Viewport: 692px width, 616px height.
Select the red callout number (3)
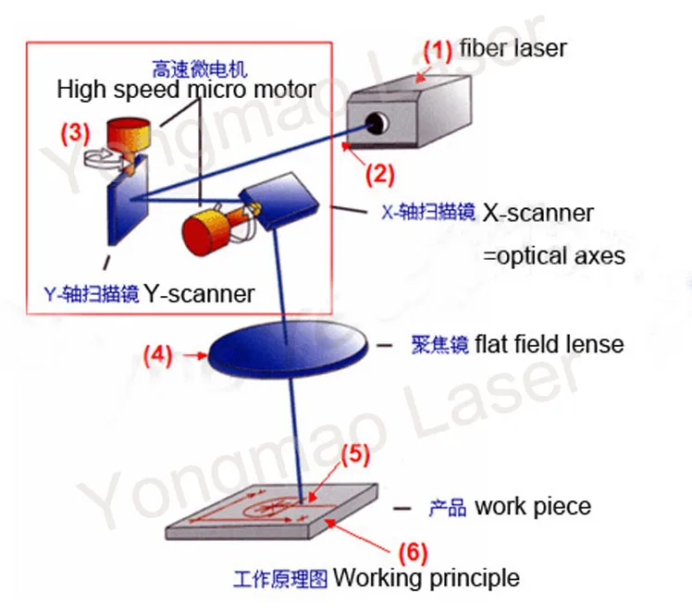click(75, 132)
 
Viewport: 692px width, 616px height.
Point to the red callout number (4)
click(157, 352)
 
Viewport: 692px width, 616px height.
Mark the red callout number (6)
click(414, 553)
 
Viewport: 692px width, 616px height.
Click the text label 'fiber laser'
click(513, 46)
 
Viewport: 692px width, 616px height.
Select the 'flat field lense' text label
click(550, 345)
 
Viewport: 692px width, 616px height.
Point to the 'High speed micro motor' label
click(186, 90)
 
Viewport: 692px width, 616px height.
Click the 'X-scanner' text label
click(538, 213)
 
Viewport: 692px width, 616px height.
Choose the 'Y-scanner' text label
click(198, 294)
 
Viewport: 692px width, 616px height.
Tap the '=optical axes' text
click(553, 255)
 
